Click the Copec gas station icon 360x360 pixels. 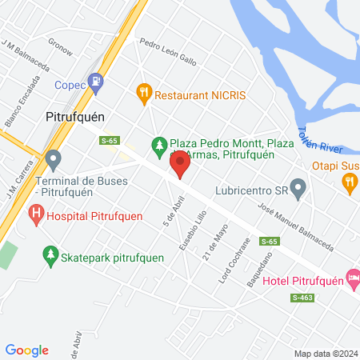tap(97, 81)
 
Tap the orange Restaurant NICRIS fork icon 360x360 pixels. tap(144, 94)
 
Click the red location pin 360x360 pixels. tap(182, 167)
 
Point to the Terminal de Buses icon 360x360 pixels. tap(54, 160)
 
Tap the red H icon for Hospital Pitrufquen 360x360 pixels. tap(36, 214)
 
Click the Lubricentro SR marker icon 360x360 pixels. tap(298, 191)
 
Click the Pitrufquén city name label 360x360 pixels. tap(75, 115)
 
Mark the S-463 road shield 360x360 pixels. tap(303, 298)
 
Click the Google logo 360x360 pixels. tap(26, 350)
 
